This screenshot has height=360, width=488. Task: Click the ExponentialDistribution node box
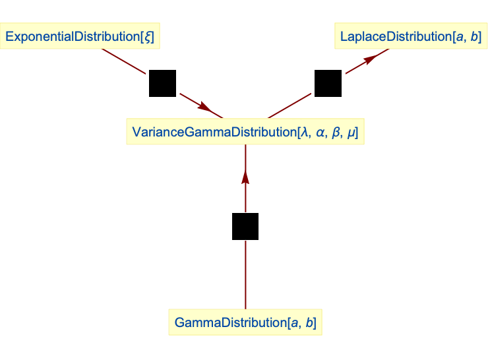[80, 37]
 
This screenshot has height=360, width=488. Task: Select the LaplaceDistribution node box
[411, 37]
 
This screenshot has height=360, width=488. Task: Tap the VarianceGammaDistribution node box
[245, 133]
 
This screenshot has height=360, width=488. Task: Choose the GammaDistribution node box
[245, 323]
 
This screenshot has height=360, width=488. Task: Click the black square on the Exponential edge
[162, 84]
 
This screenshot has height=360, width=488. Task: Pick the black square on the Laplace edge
[328, 84]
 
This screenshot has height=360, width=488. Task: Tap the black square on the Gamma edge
[245, 226]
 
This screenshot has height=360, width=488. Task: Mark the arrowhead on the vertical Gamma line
[245, 177]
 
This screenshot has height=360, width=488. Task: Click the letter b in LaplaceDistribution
[475, 37]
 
